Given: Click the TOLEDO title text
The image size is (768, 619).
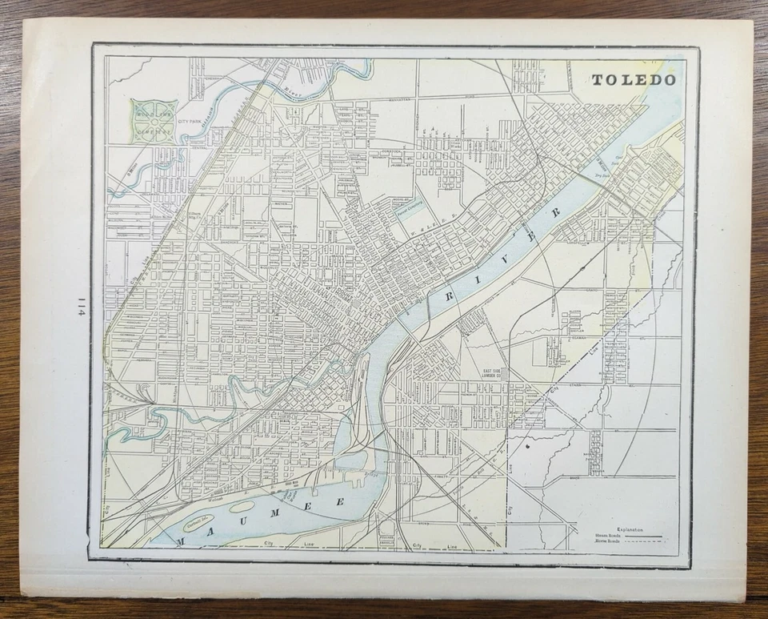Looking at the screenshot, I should tap(634, 80).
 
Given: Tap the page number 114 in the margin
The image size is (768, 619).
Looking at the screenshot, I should tap(82, 309).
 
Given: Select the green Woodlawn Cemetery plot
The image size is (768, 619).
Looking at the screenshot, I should tap(154, 121).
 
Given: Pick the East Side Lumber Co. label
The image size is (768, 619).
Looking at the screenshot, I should tap(497, 375).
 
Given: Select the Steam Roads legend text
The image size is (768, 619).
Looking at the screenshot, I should tap(607, 536).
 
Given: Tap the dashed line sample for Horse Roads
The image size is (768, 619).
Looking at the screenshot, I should tap(648, 542).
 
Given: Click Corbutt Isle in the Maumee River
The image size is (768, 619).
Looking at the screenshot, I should tap(196, 524).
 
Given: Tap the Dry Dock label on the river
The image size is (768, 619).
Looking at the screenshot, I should tap(601, 170).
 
